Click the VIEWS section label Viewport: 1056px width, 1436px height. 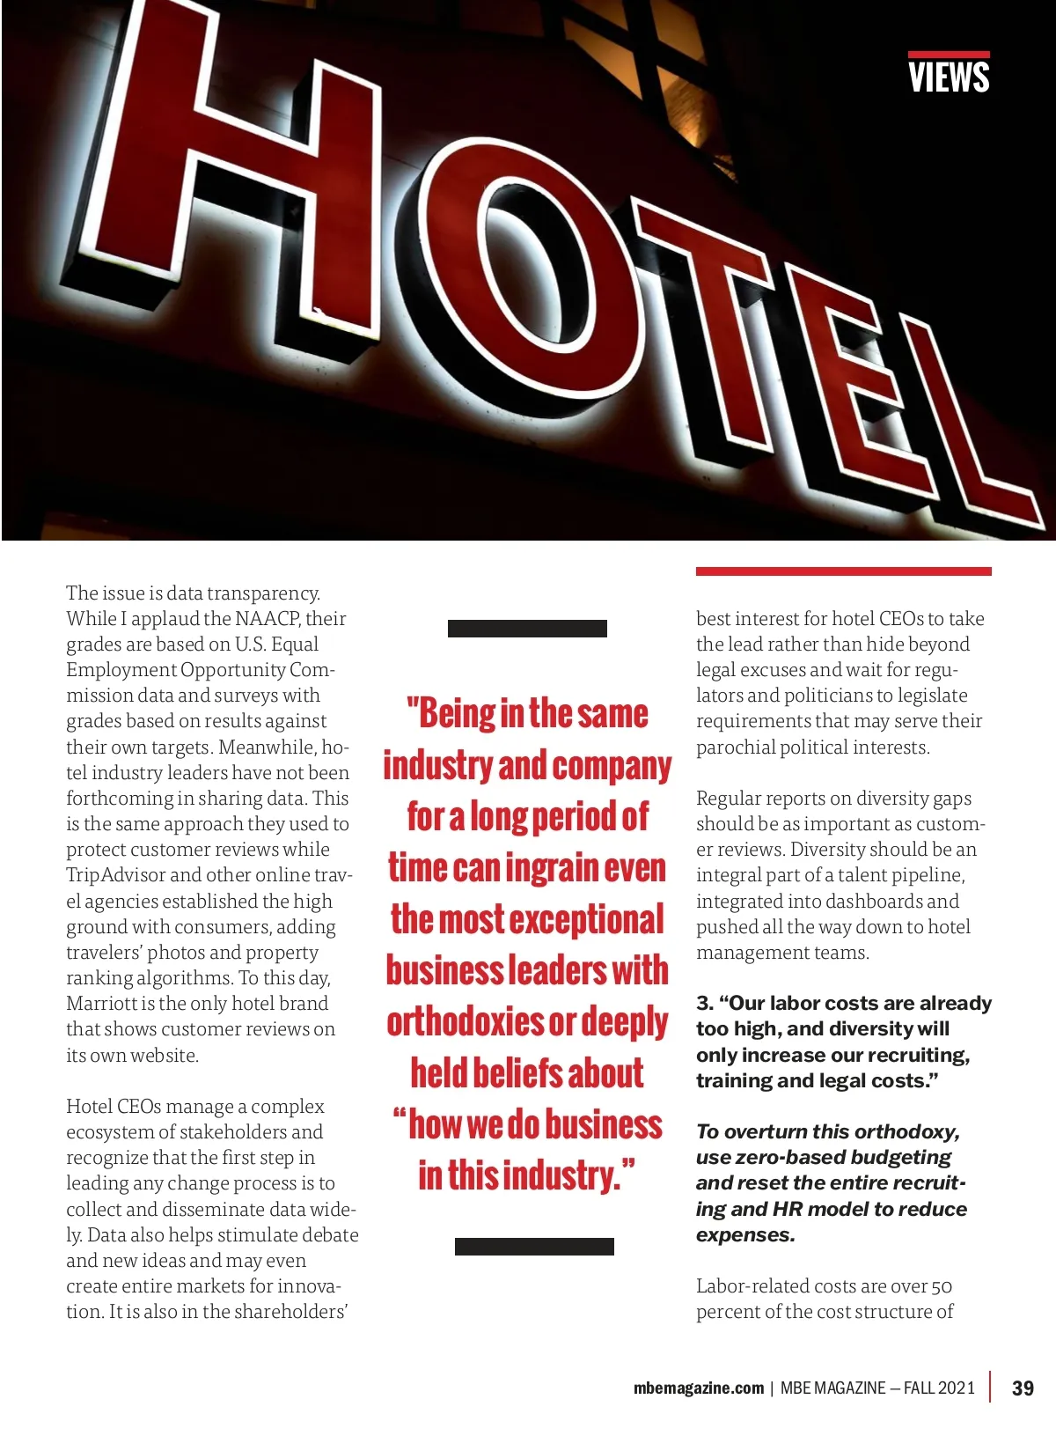click(949, 77)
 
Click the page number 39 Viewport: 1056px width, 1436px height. click(1023, 1388)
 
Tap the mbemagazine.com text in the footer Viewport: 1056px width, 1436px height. click(699, 1388)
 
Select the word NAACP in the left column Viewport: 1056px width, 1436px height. click(268, 619)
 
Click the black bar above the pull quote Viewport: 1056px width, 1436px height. click(527, 629)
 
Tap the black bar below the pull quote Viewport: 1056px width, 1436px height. click(534, 1246)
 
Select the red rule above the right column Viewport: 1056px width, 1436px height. click(843, 571)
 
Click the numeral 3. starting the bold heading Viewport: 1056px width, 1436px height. click(704, 1004)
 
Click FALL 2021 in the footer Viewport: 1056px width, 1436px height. click(939, 1388)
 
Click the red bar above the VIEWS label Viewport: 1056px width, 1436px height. click(949, 55)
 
